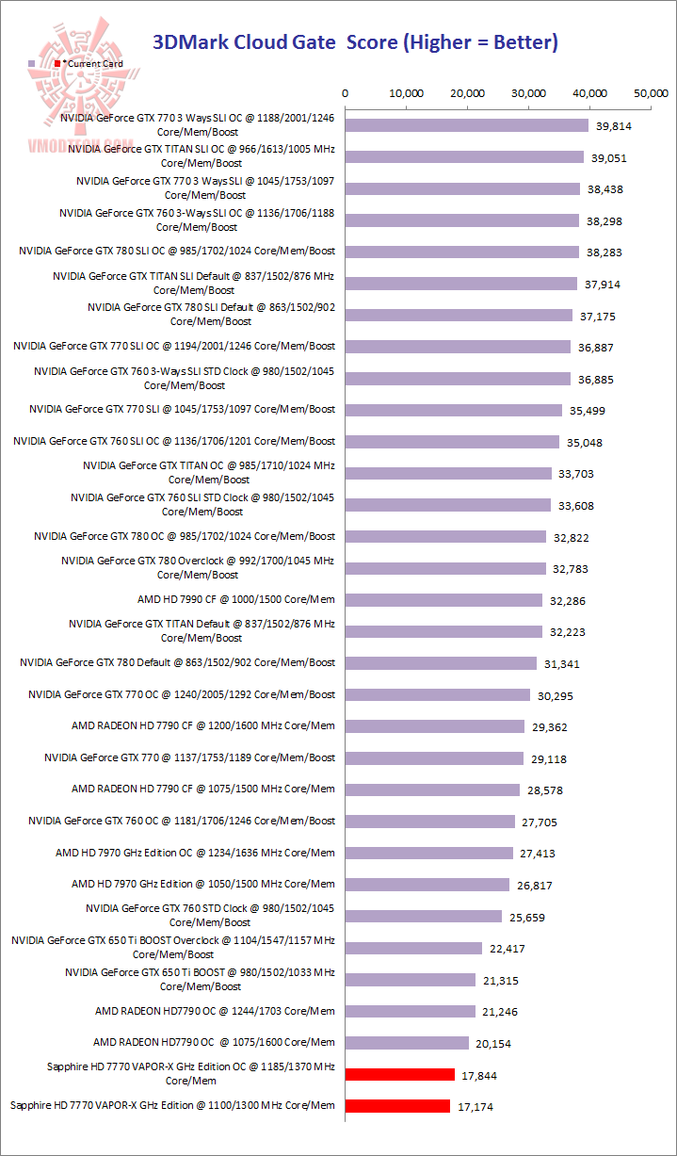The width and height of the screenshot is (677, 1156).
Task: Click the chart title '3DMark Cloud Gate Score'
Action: (355, 41)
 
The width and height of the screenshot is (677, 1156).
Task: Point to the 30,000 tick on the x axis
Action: (529, 93)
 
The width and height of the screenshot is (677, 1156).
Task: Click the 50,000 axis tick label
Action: (652, 93)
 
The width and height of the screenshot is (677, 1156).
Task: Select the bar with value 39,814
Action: (467, 125)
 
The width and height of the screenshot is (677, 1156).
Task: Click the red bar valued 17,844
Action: (400, 1074)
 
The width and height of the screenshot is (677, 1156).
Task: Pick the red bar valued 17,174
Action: (398, 1106)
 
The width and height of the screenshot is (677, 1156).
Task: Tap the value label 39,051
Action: (609, 158)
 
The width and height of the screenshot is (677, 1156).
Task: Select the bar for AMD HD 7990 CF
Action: (444, 600)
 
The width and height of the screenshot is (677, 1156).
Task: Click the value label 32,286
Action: (568, 600)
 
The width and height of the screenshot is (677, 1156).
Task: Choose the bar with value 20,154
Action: (407, 1043)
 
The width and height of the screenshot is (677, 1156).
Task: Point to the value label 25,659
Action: (526, 917)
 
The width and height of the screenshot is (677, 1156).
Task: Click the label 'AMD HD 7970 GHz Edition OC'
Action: (195, 853)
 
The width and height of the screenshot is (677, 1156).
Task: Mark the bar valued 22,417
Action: (413, 948)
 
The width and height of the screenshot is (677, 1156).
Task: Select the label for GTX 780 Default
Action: (178, 662)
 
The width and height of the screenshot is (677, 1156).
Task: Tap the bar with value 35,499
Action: (454, 410)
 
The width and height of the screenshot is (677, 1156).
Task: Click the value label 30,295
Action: (556, 695)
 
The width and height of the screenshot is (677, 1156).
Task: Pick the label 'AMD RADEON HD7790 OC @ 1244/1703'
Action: (215, 1011)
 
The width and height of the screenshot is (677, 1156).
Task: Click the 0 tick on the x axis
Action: (346, 93)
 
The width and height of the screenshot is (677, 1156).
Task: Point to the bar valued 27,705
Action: (430, 822)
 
